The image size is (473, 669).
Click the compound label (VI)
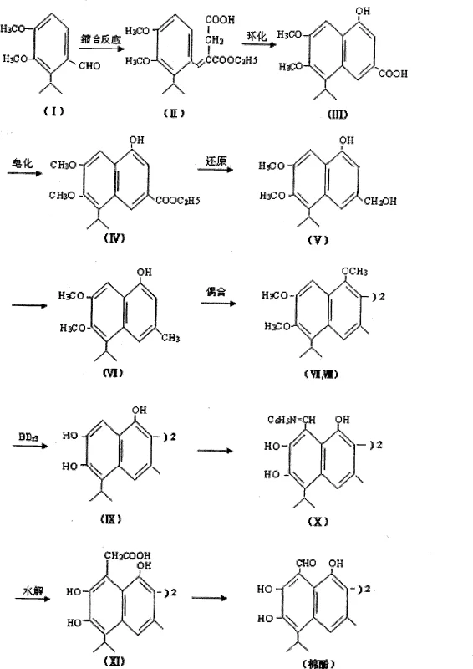tap(114, 374)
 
